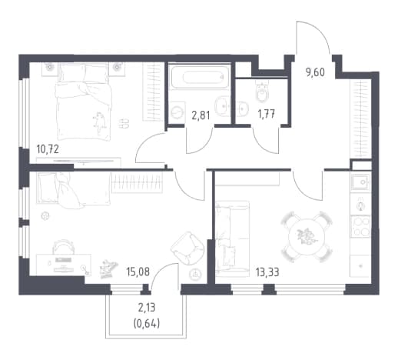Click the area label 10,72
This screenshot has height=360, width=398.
48,149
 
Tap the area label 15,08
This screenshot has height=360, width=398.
138,272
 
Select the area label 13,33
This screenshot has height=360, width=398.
267,272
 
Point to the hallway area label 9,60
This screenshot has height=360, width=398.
315,72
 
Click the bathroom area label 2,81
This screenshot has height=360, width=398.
201,115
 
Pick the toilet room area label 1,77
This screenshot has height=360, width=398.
267,114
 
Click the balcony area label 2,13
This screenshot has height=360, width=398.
147,308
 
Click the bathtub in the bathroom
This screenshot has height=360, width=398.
200,77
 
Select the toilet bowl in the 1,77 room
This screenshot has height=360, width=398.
263,92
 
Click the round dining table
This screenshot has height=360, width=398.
307,237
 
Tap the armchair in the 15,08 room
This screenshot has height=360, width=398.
187,248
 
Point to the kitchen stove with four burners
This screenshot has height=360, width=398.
360,226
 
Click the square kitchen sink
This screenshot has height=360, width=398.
360,182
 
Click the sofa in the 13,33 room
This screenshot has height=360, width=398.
232,238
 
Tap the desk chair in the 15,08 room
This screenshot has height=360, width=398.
64,246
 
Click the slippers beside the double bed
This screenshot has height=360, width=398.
124,123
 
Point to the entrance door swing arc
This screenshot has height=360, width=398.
313,37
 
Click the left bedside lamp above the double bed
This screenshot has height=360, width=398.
49,68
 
